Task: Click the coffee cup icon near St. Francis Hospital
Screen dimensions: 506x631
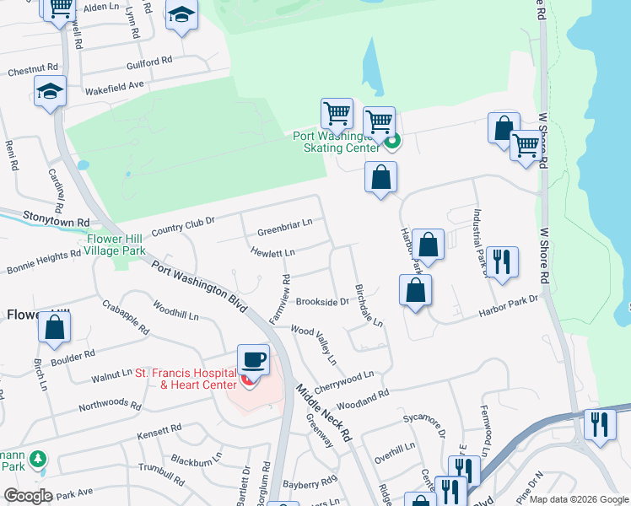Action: pos(253,360)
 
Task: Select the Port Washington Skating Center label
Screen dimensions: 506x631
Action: pos(336,142)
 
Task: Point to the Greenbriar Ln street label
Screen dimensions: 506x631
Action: pos(285,225)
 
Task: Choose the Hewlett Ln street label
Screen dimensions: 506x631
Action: pos(272,252)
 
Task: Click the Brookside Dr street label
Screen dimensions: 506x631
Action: pos(321,302)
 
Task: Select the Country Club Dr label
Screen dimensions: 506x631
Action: pos(183,226)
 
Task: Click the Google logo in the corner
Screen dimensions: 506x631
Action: pos(28,496)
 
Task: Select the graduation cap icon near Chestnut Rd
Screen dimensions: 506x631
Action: pos(51,93)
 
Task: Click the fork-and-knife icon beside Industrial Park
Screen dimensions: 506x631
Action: pos(502,262)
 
